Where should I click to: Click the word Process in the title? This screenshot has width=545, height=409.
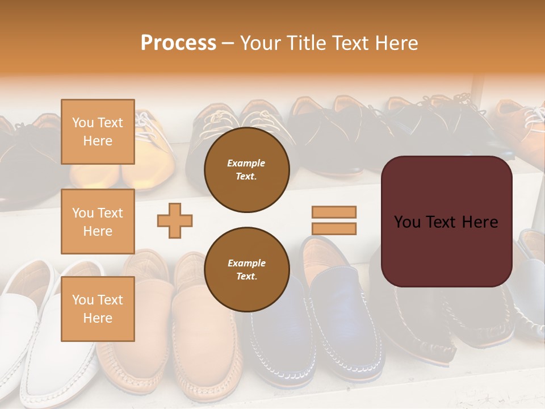pos(178,43)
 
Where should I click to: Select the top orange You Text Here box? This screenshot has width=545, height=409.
pos(98,132)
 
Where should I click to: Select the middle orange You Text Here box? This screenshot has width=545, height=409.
pos(98,222)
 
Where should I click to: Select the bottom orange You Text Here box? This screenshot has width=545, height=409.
pos(98,308)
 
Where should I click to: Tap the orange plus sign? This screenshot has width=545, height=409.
pos(175,220)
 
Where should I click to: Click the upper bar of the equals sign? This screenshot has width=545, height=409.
pos(334,212)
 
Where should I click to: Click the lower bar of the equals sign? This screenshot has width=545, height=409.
pos(334,229)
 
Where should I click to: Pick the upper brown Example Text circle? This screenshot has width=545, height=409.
pos(247,169)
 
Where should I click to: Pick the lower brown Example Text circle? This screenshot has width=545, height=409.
pos(247,269)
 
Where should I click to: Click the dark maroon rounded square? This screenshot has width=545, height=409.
pos(446,250)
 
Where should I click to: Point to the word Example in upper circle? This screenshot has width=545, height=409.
pos(246,163)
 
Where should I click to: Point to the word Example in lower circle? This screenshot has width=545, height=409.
pos(246,263)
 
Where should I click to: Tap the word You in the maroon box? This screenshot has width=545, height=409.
pos(407,222)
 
